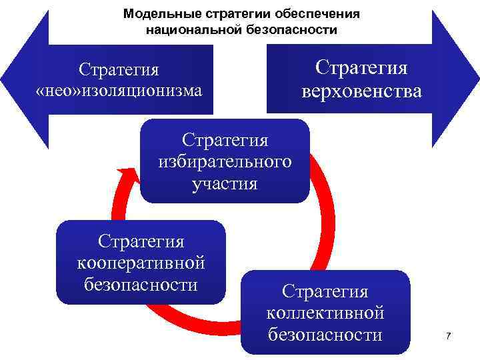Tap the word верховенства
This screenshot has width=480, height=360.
coord(361,91)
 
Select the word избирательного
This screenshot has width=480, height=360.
coord(225,163)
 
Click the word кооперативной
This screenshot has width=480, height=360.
coord(141,263)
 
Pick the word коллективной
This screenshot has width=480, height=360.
coord(325,313)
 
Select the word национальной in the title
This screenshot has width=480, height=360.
coord(193,30)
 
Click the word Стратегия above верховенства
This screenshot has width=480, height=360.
coord(361,68)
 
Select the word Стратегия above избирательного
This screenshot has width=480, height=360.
coord(225,141)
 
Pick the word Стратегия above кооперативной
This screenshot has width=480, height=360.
coord(141,241)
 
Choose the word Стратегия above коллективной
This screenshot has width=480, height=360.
coord(325,291)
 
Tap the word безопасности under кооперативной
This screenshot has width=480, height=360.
coord(141,285)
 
